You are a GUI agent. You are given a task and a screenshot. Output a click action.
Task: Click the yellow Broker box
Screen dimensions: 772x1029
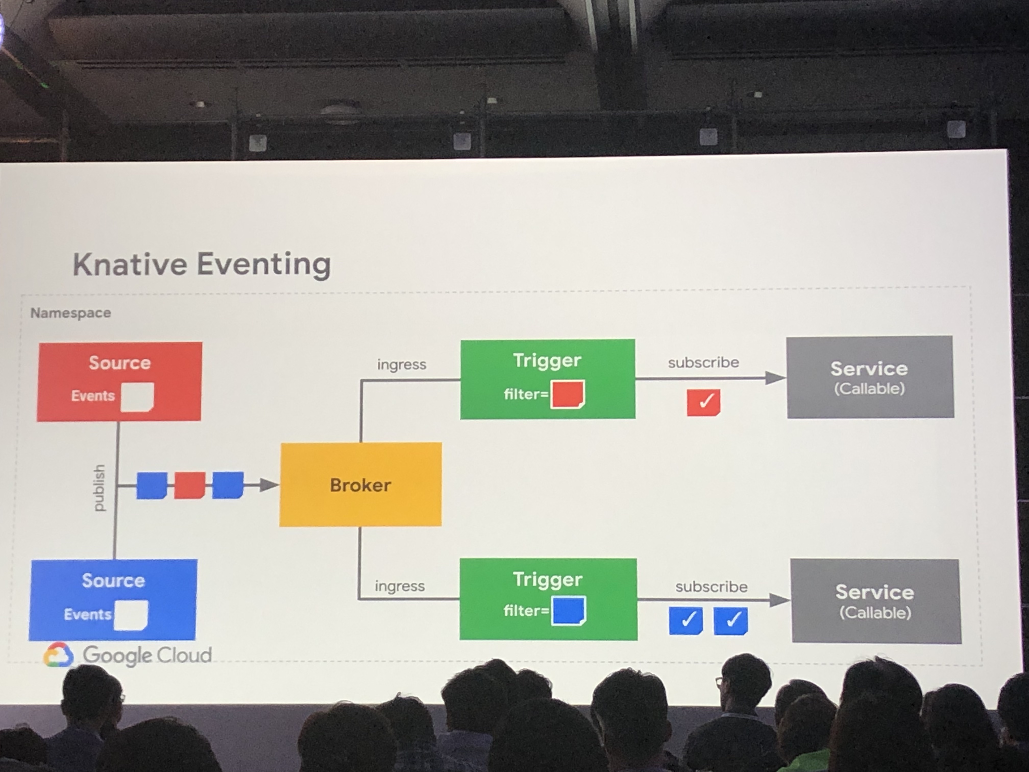point(361,485)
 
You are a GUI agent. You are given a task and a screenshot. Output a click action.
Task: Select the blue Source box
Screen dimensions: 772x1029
point(113,599)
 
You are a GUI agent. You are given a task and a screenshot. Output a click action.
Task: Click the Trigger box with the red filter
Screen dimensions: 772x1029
point(547,379)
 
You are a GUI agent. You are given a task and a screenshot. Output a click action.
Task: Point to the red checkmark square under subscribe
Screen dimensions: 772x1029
point(703,402)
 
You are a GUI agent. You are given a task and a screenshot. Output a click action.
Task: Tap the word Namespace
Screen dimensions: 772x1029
point(71,313)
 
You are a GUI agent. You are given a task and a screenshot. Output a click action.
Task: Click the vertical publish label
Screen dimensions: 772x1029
point(99,488)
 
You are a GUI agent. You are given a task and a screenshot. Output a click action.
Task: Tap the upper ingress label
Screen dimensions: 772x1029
point(401,364)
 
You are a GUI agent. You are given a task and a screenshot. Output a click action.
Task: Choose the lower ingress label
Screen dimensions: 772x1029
point(400,586)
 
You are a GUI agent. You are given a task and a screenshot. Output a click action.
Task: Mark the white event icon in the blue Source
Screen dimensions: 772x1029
point(131,615)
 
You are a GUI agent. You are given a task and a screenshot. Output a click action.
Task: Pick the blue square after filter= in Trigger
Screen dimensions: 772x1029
point(568,610)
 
